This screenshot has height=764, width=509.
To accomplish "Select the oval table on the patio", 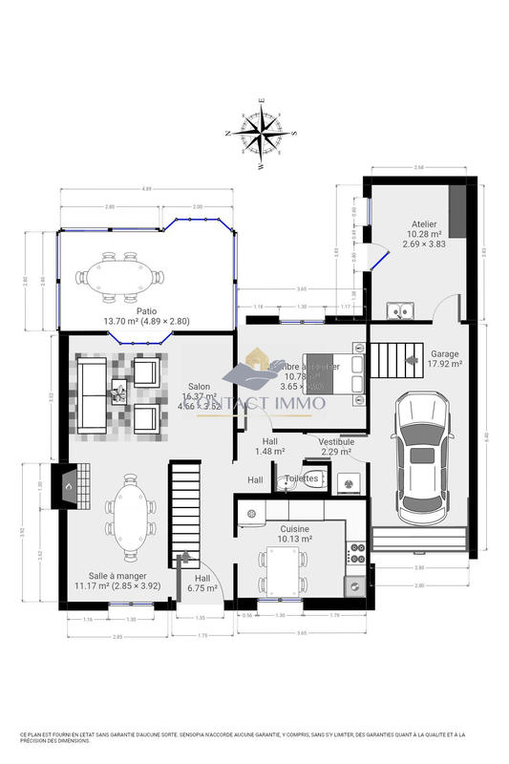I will point(120,278).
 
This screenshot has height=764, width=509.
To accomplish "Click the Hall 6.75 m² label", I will point(202,584).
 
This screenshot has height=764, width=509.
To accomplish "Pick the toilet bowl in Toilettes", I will point(289,483).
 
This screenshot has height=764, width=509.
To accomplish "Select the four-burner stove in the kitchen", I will point(357,552).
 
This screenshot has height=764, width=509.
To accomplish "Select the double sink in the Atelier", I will point(400,309).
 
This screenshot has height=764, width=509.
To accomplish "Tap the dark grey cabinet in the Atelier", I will point(457,209).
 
